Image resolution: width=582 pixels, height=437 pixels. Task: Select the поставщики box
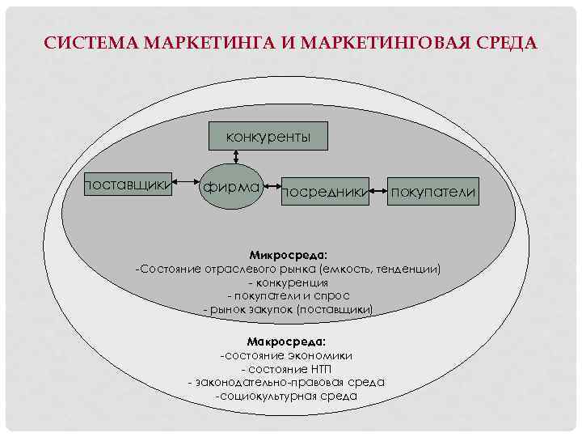pos(129,187)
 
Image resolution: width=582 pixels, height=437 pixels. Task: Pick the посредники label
pos(323,192)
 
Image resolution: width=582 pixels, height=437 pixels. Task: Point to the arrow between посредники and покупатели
pos(377,192)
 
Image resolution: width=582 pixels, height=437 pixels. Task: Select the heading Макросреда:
pos(287,342)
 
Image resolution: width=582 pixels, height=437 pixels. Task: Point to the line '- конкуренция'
pos(288,282)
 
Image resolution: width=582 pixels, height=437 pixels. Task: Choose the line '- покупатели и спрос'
pos(288,295)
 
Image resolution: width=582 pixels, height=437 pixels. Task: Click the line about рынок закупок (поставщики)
pos(288,309)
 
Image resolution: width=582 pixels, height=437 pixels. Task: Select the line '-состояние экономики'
pos(286,355)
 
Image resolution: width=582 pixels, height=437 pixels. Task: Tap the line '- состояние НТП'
pos(287,369)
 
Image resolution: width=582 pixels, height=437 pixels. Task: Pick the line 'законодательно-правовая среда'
pos(286,382)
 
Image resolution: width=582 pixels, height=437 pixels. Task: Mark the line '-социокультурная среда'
pos(286,396)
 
